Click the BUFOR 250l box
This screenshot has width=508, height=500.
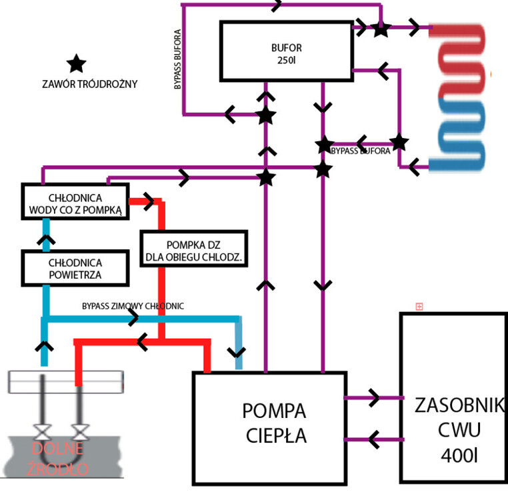(286, 51)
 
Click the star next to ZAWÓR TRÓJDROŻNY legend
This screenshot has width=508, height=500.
(77, 64)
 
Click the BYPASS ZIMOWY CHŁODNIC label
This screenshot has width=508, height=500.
(133, 306)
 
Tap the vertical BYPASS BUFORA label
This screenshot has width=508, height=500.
(178, 59)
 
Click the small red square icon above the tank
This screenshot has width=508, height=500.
(419, 307)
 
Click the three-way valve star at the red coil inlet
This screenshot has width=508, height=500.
(381, 29)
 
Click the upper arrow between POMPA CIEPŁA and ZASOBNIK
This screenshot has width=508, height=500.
(373, 398)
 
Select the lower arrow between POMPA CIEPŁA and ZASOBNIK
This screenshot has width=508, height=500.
(373, 439)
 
